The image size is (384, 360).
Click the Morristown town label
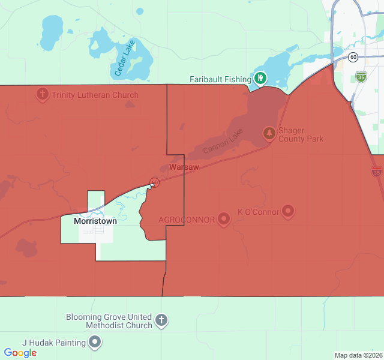click(x=95, y=221)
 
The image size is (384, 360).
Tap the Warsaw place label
click(x=184, y=167)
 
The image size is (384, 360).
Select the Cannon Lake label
click(x=223, y=141)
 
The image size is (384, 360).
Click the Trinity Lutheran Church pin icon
click(x=43, y=94)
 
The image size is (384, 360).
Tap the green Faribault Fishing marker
click(x=260, y=78)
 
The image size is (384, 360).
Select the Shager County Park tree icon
click(x=269, y=133)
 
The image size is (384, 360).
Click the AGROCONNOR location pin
click(x=224, y=219)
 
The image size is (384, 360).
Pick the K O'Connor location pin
click(x=288, y=211)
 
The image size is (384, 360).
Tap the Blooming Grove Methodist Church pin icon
click(x=161, y=320)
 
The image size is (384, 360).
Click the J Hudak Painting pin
click(x=95, y=343)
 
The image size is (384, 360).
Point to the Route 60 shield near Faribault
click(x=353, y=57)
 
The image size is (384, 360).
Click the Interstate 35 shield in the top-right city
click(x=361, y=76)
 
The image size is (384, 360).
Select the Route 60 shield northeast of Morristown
click(x=154, y=182)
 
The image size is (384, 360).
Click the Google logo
click(x=20, y=353)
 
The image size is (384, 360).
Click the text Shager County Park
click(x=301, y=134)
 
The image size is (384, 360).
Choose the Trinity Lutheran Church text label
click(x=95, y=95)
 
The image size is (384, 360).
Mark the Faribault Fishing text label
click(x=220, y=79)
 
